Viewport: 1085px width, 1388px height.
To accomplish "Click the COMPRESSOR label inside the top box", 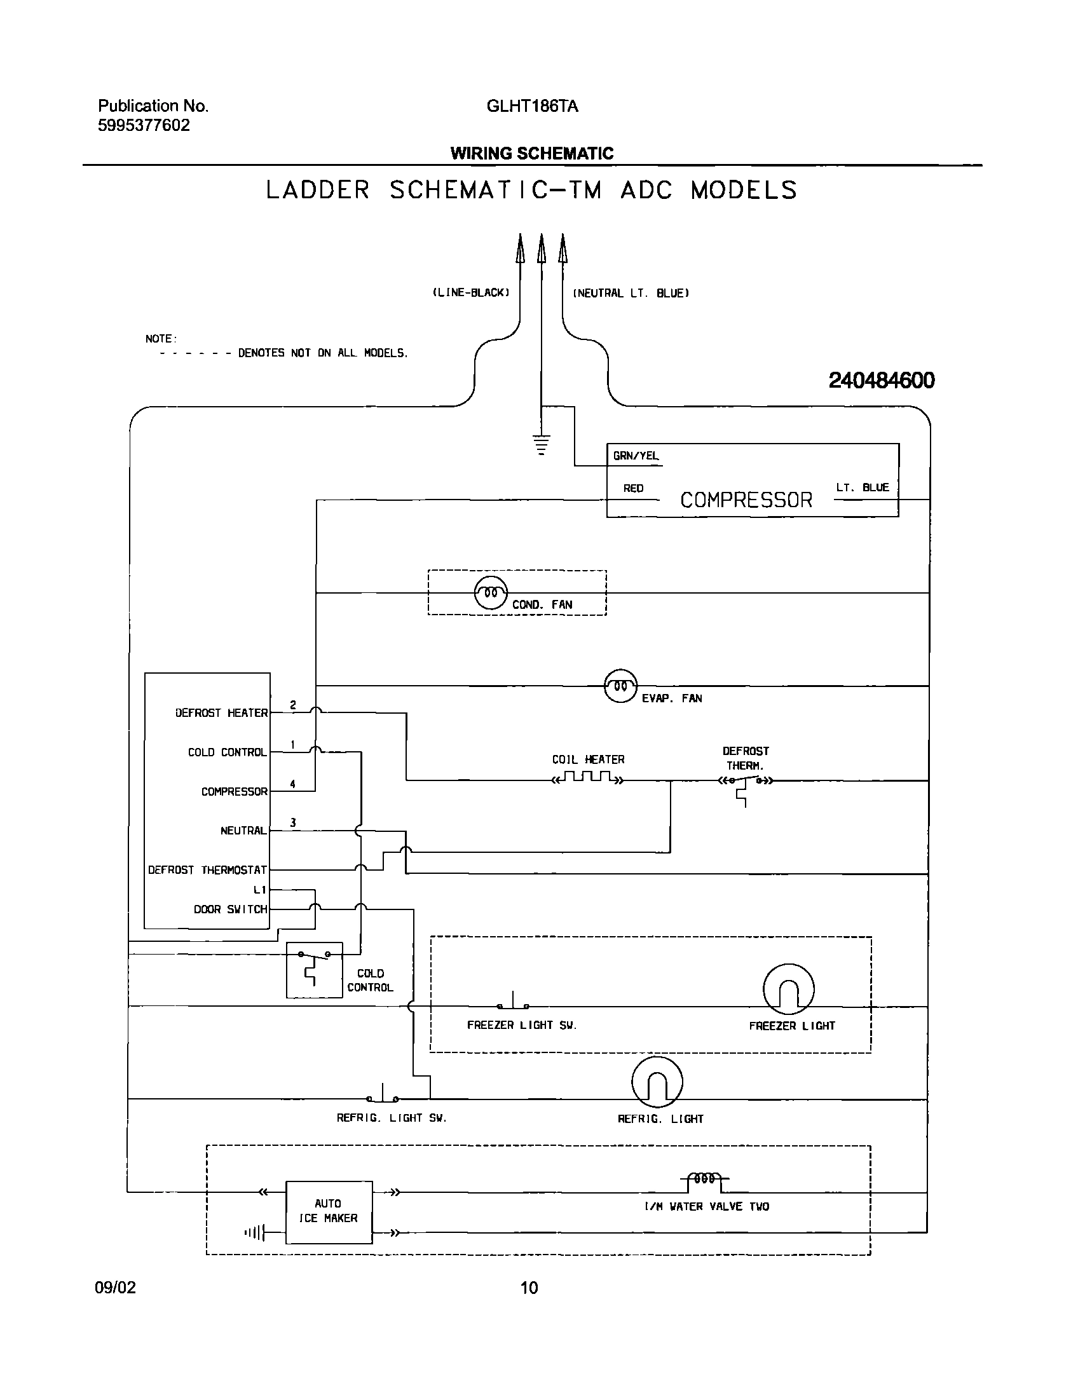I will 746,500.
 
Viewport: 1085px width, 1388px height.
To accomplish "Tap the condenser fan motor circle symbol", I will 491,593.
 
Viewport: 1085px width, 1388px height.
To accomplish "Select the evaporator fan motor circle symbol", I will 620,686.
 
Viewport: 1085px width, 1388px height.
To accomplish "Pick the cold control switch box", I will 314,969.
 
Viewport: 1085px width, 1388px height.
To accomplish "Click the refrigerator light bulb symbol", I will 657,1082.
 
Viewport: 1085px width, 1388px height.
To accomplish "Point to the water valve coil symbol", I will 705,1179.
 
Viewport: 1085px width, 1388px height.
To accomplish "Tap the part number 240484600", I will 882,381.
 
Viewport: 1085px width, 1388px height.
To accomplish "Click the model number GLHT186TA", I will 533,106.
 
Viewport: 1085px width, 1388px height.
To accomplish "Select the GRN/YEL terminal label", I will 636,456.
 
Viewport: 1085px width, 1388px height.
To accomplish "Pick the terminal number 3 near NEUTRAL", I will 293,822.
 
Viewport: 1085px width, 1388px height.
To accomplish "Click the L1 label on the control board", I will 259,890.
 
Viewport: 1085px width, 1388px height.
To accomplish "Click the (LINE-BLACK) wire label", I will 471,293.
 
